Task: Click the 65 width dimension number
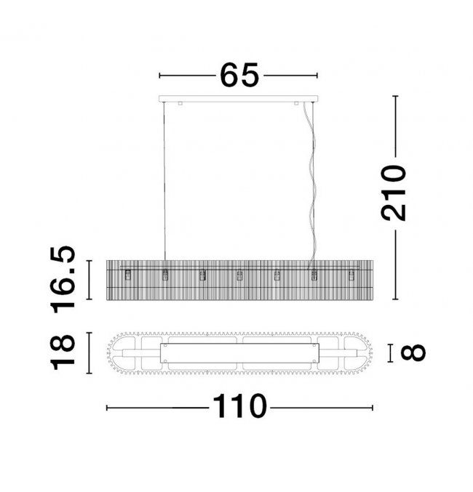click(x=239, y=76)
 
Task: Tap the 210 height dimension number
click(x=394, y=193)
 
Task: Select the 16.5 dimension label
click(x=63, y=280)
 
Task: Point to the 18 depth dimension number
click(x=63, y=352)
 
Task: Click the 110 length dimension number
click(x=240, y=406)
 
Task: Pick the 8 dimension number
click(x=413, y=352)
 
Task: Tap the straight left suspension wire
click(x=164, y=181)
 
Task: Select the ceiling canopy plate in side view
click(x=239, y=99)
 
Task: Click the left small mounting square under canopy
click(x=180, y=103)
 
